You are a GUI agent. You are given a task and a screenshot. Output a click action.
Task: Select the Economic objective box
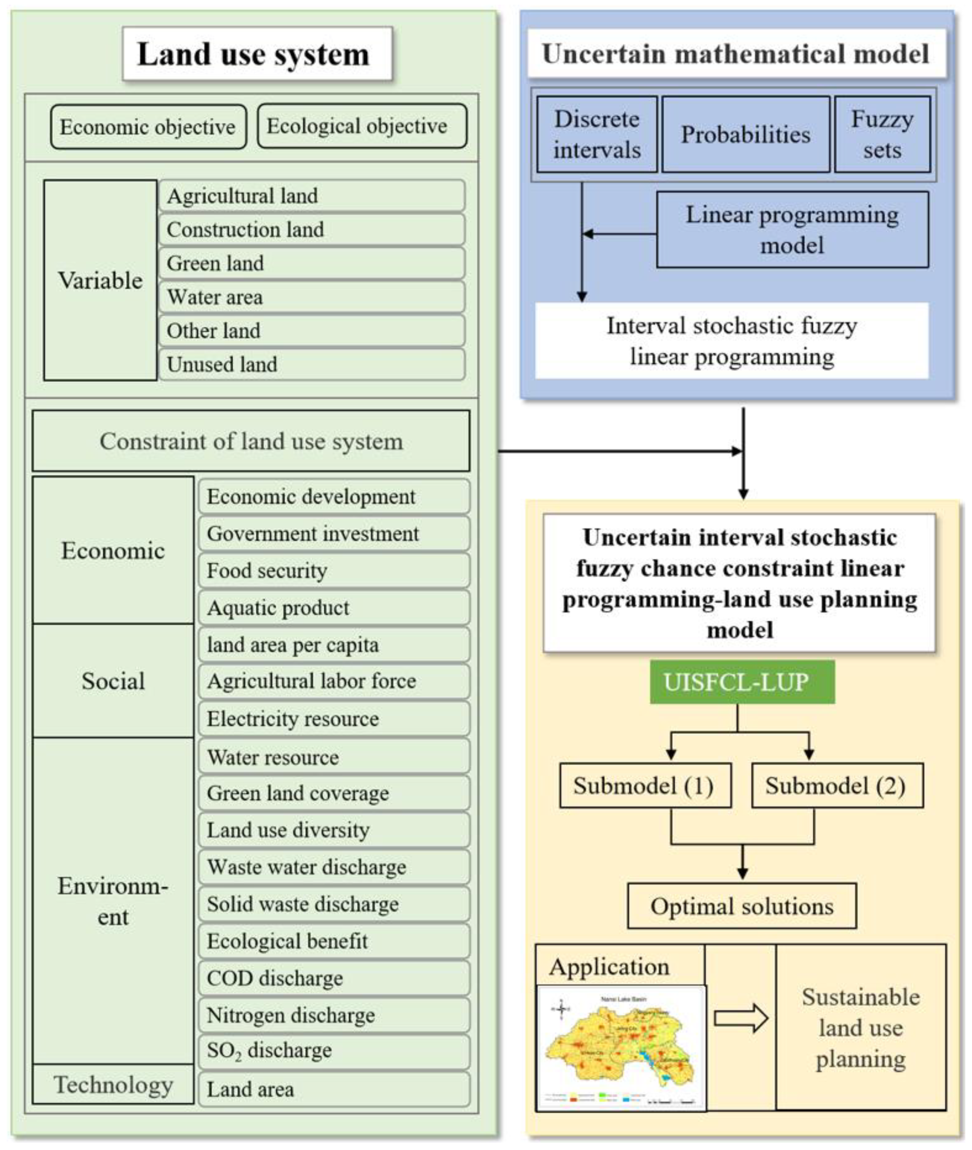(x=148, y=127)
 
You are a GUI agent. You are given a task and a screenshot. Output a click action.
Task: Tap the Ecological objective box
(x=362, y=126)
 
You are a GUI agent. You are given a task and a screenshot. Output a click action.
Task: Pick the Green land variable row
(x=311, y=263)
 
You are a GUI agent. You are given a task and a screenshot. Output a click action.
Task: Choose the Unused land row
(x=311, y=364)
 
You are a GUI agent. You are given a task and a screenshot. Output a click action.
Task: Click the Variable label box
(x=100, y=280)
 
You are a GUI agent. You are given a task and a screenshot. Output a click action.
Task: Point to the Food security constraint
(x=334, y=571)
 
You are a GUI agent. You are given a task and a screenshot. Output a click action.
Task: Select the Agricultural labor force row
(x=334, y=682)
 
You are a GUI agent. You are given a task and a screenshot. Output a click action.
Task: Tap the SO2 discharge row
(x=334, y=1051)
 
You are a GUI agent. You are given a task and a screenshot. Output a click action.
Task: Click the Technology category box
(x=113, y=1085)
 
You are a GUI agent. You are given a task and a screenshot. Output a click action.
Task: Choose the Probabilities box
(x=746, y=135)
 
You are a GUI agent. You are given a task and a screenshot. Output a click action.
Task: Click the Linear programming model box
(x=792, y=230)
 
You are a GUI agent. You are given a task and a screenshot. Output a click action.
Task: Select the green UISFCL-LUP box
(x=742, y=682)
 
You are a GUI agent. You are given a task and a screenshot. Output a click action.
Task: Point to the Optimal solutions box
(x=742, y=907)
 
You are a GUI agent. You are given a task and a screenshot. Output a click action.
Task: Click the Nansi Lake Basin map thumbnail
(x=620, y=1047)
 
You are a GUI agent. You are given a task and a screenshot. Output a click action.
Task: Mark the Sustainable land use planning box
(x=860, y=1028)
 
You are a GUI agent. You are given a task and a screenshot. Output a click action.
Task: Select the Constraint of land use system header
(x=251, y=441)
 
